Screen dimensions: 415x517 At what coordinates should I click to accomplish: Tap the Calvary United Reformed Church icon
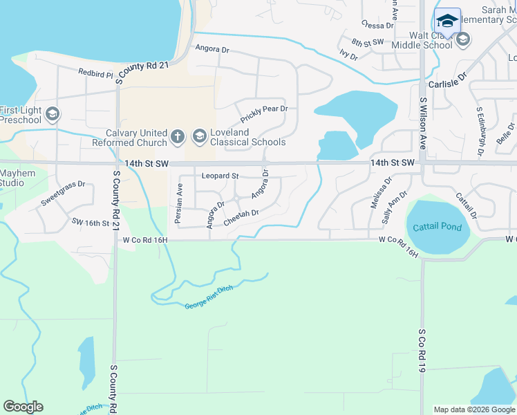[x=177, y=136]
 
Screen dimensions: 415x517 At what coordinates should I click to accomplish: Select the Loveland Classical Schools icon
[x=199, y=136]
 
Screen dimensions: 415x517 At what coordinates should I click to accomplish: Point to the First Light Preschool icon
[x=52, y=114]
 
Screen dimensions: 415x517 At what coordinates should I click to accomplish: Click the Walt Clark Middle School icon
[x=463, y=39]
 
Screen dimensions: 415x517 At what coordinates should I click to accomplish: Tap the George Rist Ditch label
[x=209, y=299]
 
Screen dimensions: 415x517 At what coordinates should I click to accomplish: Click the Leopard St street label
[x=220, y=176]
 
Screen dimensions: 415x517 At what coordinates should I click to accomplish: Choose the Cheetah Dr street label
[x=241, y=217]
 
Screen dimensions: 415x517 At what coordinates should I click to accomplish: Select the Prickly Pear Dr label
[x=264, y=109]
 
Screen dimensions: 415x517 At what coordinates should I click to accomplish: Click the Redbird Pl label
[x=95, y=72]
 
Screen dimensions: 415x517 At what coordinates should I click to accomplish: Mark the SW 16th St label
[x=91, y=223]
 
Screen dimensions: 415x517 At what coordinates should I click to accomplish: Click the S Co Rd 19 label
[x=421, y=352]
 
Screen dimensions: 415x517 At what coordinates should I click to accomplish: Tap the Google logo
[x=23, y=407]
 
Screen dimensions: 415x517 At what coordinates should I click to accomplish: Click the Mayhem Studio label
[x=12, y=178]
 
